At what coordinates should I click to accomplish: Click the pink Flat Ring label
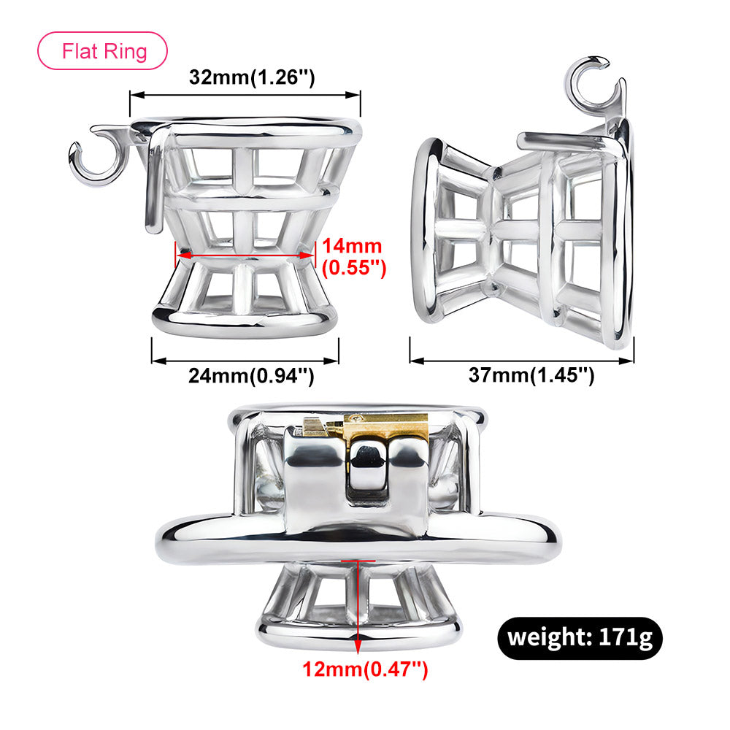[102, 51]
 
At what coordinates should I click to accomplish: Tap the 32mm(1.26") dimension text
[252, 77]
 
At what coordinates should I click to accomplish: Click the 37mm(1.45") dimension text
[531, 376]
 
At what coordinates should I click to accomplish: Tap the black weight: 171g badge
[580, 637]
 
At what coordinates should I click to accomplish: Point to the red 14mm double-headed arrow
[245, 255]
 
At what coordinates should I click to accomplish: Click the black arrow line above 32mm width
[245, 94]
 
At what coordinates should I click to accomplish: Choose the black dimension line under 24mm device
[245, 360]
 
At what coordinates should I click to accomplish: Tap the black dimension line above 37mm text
[521, 360]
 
